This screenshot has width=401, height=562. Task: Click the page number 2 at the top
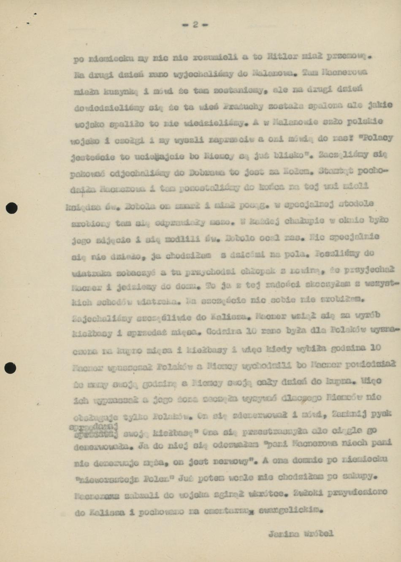click(195, 24)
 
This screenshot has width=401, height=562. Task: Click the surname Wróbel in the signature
click(318, 533)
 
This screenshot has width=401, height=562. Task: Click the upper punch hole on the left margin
click(11, 208)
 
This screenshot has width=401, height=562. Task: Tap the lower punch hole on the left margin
click(10, 368)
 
